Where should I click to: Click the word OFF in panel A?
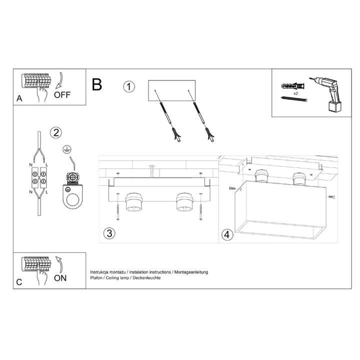point(62,94)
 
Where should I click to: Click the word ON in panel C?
point(59,277)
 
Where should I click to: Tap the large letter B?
point(97,84)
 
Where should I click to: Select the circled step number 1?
point(129,86)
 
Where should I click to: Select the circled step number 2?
point(56,132)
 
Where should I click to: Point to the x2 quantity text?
point(296,93)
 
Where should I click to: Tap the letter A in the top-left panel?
point(19,98)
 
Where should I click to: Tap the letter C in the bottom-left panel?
point(19,282)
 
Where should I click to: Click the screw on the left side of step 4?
point(232,188)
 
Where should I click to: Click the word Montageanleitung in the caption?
point(190,271)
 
